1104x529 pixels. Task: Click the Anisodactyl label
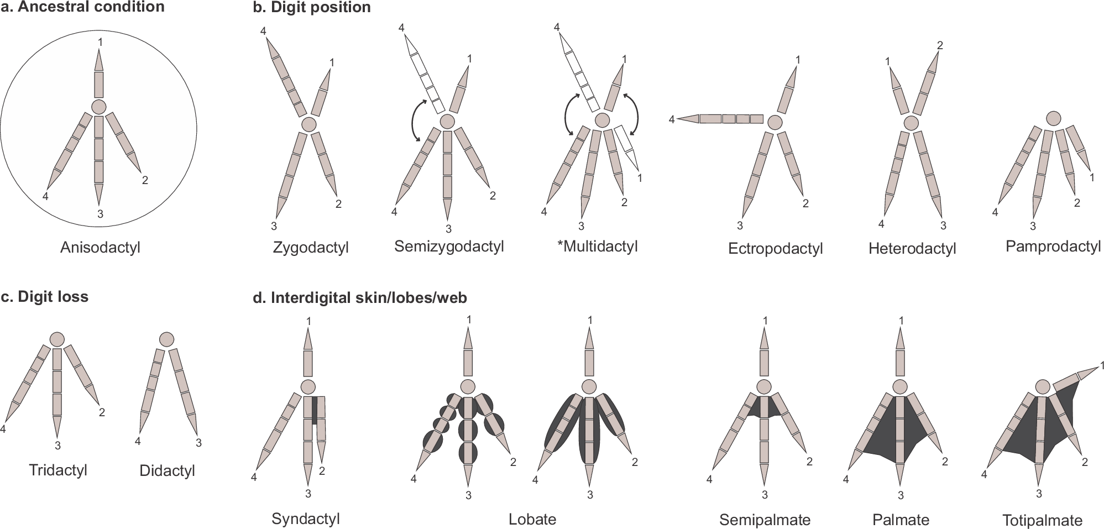pyautogui.click(x=100, y=247)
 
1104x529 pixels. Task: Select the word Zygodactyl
pyautogui.click(x=311, y=247)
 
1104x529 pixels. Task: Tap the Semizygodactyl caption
pyautogui.click(x=449, y=246)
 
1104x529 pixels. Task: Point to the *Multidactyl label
pyautogui.click(x=597, y=246)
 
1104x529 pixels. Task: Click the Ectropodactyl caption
pyautogui.click(x=775, y=248)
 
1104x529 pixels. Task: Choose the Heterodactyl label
pyautogui.click(x=912, y=248)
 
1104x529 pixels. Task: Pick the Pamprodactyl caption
pyautogui.click(x=1053, y=246)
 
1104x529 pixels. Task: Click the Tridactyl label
pyautogui.click(x=58, y=470)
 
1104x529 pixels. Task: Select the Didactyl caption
pyautogui.click(x=167, y=470)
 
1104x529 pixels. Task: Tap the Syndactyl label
pyautogui.click(x=305, y=518)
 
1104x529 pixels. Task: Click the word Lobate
pyautogui.click(x=532, y=519)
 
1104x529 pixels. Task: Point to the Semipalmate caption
pyautogui.click(x=765, y=520)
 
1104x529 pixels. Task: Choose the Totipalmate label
pyautogui.click(x=1042, y=520)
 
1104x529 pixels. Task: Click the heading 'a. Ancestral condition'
pyautogui.click(x=83, y=7)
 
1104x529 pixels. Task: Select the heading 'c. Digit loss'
pyautogui.click(x=45, y=297)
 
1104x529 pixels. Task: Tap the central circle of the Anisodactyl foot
pyautogui.click(x=99, y=107)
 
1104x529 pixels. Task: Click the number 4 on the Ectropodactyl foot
pyautogui.click(x=672, y=119)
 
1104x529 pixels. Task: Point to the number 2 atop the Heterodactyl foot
pyautogui.click(x=940, y=45)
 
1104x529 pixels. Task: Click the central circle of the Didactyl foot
pyautogui.click(x=166, y=339)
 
